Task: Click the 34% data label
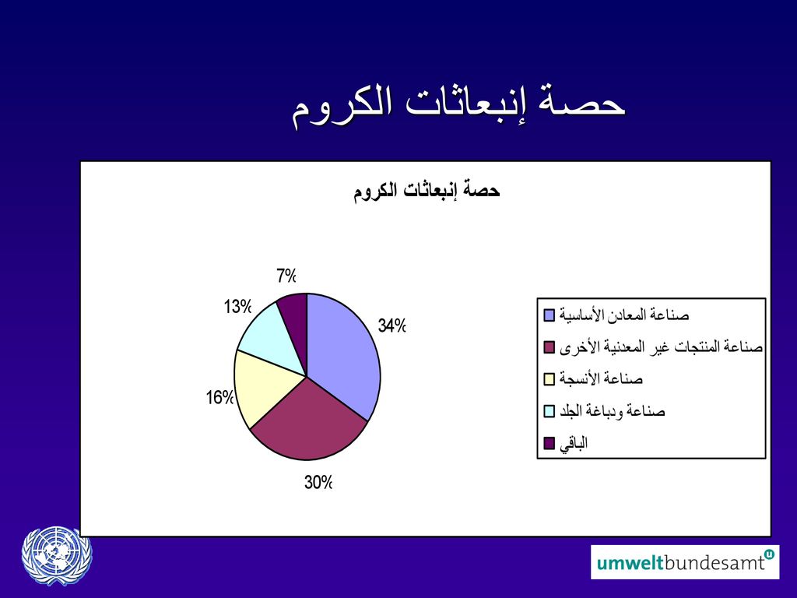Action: (392, 325)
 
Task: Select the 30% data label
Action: (318, 482)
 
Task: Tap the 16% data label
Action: (219, 397)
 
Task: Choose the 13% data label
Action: (238, 307)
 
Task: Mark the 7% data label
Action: (286, 276)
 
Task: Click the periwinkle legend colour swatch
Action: (549, 315)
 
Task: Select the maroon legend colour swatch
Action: (549, 347)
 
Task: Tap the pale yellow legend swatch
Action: (549, 379)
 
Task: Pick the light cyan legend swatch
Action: (549, 411)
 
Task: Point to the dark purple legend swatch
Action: (549, 443)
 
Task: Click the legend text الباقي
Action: (574, 443)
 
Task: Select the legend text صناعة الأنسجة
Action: (602, 379)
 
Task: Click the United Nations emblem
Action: (57, 555)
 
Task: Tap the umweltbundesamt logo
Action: (685, 562)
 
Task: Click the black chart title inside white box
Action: (427, 191)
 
